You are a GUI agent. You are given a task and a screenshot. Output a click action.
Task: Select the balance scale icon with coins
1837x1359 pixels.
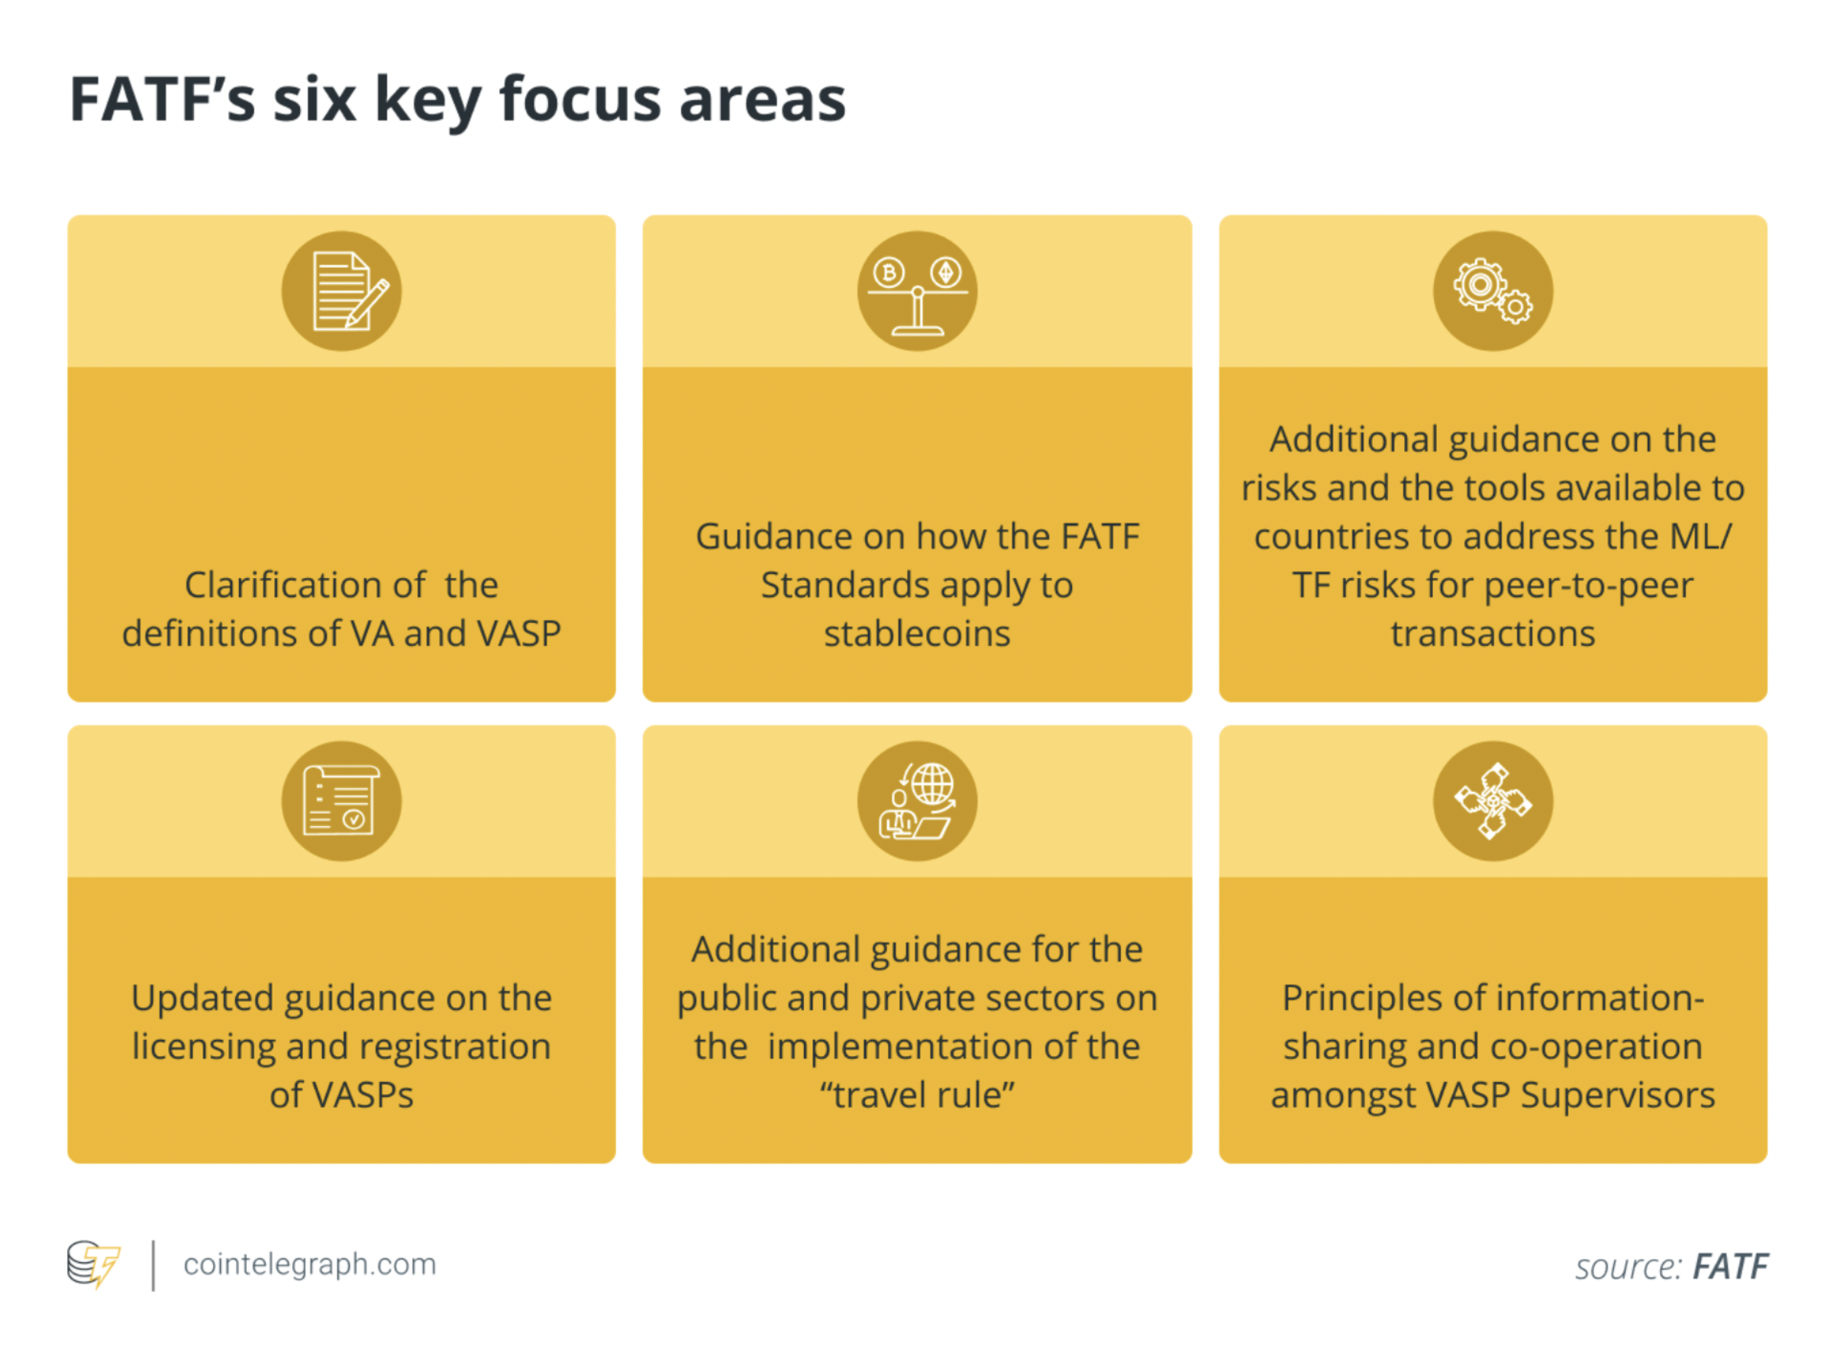click(917, 296)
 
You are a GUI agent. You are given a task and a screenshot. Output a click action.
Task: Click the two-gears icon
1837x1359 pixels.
click(1493, 290)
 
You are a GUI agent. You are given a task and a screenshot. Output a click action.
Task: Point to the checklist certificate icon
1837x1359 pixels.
click(341, 800)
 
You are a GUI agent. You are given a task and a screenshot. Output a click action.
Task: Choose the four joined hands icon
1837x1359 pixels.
click(1493, 800)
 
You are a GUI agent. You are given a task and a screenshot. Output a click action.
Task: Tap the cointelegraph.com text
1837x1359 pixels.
click(309, 1264)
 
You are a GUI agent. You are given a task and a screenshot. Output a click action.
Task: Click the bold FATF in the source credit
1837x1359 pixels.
click(1730, 1267)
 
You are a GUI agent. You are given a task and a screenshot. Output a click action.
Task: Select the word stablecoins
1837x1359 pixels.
click(917, 634)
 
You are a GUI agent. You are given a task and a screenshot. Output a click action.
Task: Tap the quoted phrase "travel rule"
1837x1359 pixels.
click(917, 1095)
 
